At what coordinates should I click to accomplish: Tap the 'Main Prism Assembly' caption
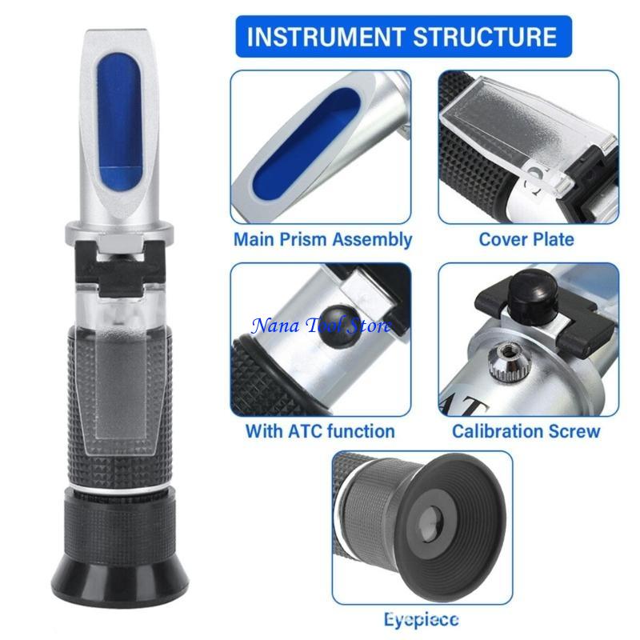coord(322,239)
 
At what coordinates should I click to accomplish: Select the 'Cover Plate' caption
coord(526,239)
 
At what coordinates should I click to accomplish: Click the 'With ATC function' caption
coord(320,431)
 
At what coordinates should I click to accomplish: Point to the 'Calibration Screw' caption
coord(526,431)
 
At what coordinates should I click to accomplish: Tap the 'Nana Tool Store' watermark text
coord(322,325)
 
